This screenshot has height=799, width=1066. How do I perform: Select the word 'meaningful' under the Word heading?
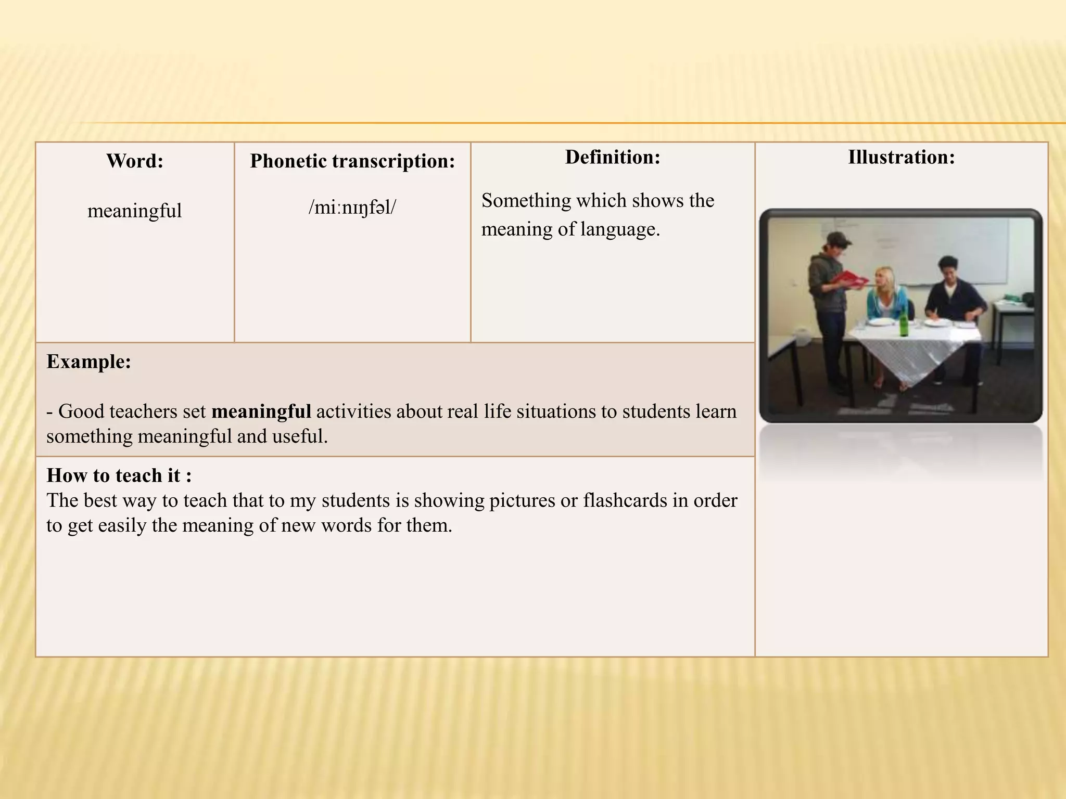tap(134, 211)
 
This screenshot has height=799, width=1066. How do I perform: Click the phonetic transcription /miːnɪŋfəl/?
tap(352, 207)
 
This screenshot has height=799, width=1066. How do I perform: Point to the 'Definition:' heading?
tap(613, 157)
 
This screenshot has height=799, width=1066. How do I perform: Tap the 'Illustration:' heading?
tap(901, 157)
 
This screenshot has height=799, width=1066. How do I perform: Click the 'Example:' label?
tap(88, 362)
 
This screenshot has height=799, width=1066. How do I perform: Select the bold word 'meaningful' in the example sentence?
tap(261, 411)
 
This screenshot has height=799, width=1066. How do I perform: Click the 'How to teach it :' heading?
tap(119, 475)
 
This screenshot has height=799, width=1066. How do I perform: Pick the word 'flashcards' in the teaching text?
tap(635, 500)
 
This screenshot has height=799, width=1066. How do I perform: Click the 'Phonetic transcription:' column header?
tap(352, 161)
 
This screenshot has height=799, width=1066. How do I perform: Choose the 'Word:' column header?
tap(135, 161)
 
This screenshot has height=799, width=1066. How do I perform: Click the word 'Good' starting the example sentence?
tap(77, 411)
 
